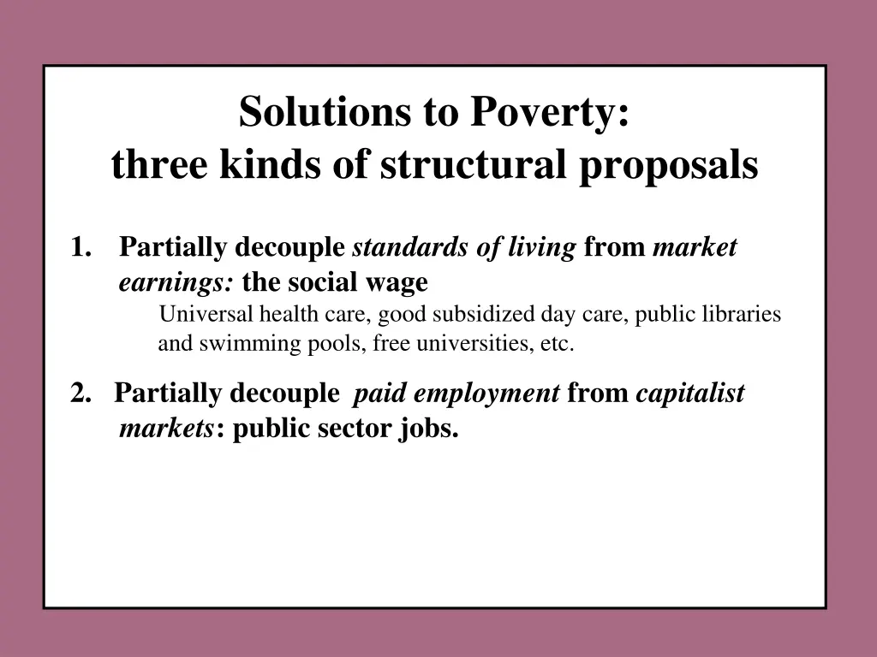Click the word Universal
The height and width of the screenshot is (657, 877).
(x=202, y=314)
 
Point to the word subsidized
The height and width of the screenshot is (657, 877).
(x=484, y=314)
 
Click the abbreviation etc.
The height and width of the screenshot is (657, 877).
(x=557, y=345)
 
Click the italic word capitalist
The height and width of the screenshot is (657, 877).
(x=690, y=394)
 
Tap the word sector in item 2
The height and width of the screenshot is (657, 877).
(x=355, y=429)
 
